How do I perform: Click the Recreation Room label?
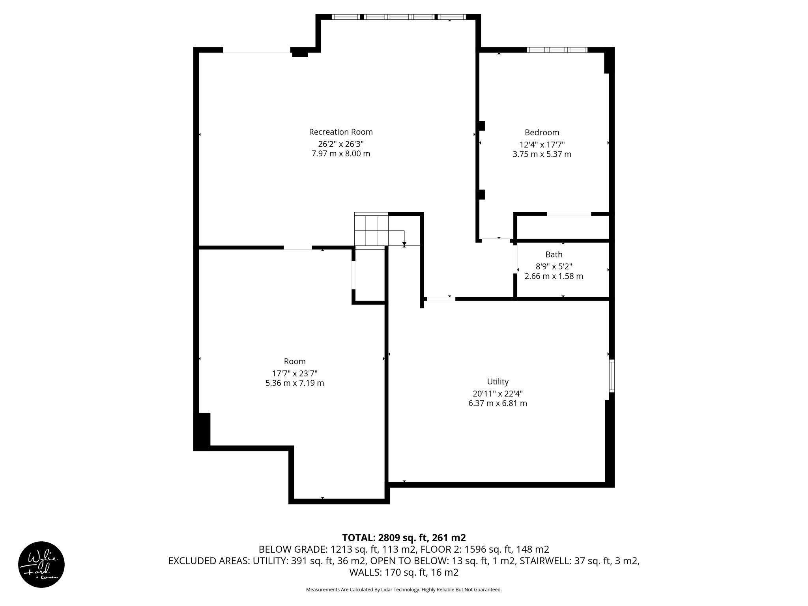tap(340, 132)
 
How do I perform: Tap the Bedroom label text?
tap(542, 133)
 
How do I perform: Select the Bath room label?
tap(554, 254)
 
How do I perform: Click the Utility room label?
tap(498, 382)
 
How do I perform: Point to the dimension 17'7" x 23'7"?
tap(295, 373)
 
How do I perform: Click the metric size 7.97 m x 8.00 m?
tap(340, 153)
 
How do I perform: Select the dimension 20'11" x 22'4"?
tap(498, 393)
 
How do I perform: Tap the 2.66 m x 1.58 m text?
tap(554, 276)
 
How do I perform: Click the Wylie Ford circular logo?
tap(41, 564)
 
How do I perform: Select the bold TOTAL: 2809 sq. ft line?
tap(404, 537)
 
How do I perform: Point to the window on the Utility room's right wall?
tap(612, 375)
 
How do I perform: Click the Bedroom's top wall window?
tap(557, 50)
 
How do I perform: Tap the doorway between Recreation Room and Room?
tap(297, 248)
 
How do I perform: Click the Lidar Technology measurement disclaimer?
tap(404, 589)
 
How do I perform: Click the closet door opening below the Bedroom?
tap(569, 214)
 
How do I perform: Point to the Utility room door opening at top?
tap(441, 299)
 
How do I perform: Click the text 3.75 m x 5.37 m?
tap(542, 154)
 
